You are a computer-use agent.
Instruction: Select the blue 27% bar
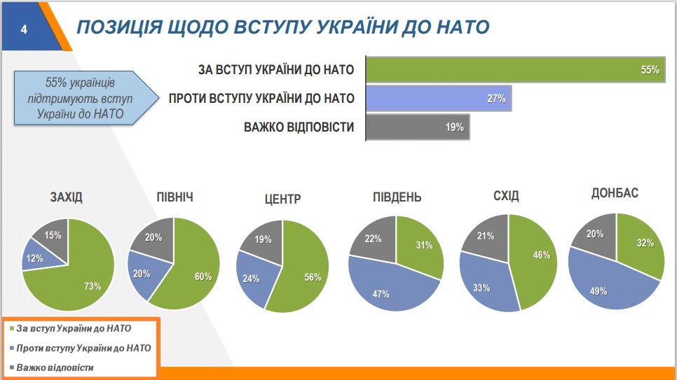(x=439, y=98)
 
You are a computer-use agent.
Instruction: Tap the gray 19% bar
(x=418, y=127)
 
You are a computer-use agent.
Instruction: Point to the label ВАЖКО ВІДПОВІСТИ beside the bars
(x=299, y=127)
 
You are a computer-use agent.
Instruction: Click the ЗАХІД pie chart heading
(x=67, y=197)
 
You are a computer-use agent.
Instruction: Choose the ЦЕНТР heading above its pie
(x=282, y=199)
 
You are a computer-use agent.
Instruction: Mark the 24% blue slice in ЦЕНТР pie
(x=252, y=277)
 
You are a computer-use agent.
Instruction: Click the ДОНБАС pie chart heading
(x=615, y=193)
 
